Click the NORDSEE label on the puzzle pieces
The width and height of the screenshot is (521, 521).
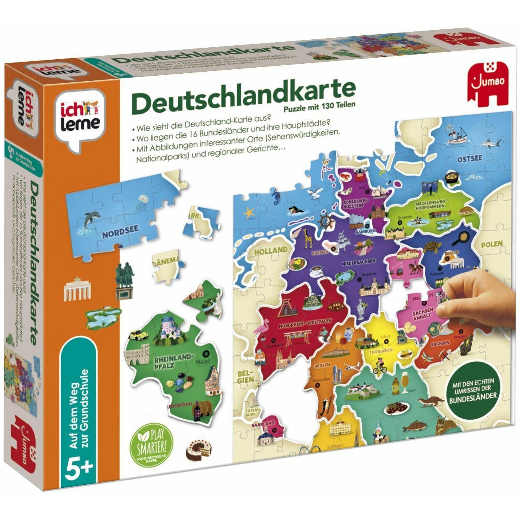click(120, 231)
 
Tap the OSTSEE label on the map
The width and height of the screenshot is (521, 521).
click(469, 159)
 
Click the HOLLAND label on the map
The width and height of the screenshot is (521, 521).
click(271, 250)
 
